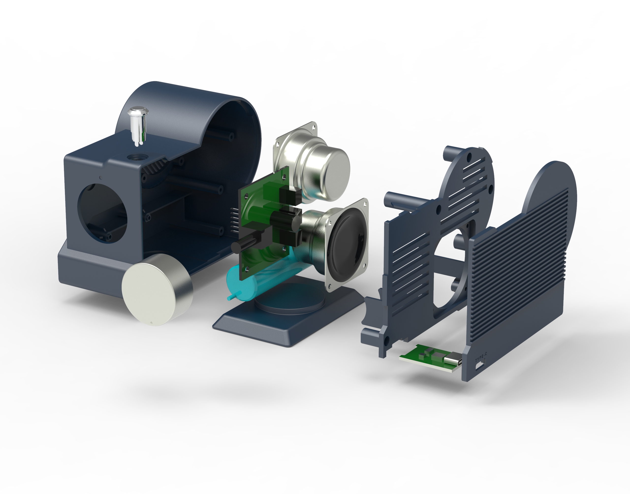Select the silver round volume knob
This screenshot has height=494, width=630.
(157, 290)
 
